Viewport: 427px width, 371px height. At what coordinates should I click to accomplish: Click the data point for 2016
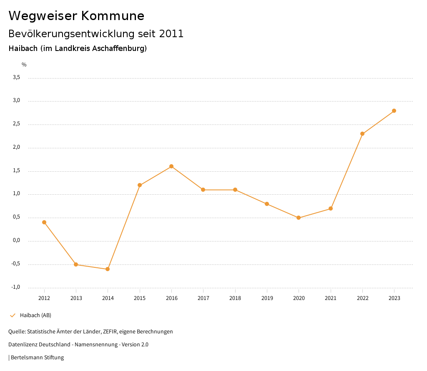(x=171, y=166)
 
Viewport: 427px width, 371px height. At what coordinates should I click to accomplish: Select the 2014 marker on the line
(x=108, y=269)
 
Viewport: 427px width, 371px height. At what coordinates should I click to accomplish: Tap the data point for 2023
(x=394, y=111)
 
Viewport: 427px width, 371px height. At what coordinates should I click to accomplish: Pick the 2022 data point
(x=362, y=134)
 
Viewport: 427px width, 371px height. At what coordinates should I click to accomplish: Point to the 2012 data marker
(x=44, y=222)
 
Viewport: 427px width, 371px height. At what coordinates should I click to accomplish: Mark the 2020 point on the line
(x=299, y=218)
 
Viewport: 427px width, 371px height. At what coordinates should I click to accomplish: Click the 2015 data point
(x=140, y=185)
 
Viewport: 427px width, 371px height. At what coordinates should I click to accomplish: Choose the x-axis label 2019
(x=267, y=298)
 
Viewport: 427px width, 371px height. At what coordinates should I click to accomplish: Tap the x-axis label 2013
(x=76, y=298)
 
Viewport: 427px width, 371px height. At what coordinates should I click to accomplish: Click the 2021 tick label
(x=331, y=298)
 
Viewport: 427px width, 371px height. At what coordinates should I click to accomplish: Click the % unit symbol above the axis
(x=24, y=65)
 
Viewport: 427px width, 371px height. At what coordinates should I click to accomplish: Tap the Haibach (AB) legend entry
(x=35, y=315)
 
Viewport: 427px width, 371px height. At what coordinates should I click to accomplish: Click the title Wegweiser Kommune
(x=76, y=16)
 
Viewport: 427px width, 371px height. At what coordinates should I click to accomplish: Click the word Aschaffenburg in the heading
(x=121, y=48)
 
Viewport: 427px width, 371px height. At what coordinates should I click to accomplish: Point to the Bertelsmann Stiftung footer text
(x=37, y=358)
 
